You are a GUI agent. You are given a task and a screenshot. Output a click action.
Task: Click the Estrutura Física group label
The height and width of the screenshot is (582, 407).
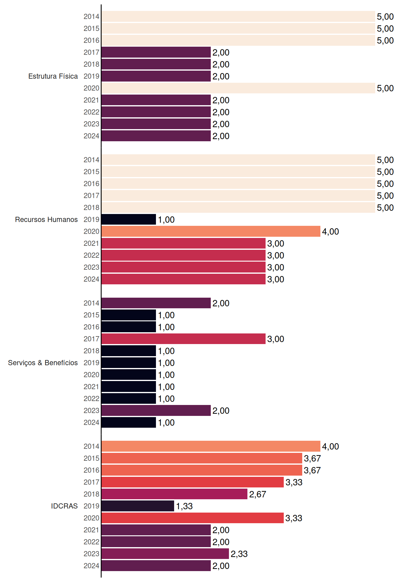pos(53,76)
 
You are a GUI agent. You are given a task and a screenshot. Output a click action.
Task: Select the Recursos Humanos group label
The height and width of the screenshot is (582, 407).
pos(46,219)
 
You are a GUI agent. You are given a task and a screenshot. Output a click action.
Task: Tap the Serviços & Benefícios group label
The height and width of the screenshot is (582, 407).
pos(43,363)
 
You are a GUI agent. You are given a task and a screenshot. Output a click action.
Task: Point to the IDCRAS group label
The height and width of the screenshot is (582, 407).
pos(64,506)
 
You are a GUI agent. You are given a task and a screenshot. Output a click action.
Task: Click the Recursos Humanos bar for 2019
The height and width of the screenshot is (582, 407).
pos(129,219)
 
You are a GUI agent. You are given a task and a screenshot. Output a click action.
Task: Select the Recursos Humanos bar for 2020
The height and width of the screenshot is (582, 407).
pos(211,231)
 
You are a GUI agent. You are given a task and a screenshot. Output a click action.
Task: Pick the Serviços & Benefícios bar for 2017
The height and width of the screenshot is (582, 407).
pos(184,339)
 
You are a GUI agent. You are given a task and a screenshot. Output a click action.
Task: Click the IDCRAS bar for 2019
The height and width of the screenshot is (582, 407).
pos(138,506)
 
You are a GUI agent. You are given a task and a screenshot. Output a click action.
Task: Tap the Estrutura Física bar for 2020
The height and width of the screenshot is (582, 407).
pos(238,88)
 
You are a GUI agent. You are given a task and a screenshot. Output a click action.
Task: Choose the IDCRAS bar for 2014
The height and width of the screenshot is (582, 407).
pos(211,446)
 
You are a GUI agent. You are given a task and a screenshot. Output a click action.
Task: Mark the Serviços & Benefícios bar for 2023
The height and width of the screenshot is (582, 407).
pos(156,410)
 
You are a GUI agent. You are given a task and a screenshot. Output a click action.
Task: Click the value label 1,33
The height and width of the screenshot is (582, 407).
pos(184,506)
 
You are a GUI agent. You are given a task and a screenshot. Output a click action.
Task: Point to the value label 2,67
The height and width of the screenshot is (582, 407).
pos(258,494)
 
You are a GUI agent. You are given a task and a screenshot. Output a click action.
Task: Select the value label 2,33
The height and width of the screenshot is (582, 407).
pos(239,554)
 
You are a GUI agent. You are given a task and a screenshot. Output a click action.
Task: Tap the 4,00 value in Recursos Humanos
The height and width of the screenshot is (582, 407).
pos(330,232)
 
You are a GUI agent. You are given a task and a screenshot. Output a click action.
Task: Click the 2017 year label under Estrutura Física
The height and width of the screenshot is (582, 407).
pos(91,52)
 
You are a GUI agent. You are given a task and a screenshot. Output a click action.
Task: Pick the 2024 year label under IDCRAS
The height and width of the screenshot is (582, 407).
pos(91,566)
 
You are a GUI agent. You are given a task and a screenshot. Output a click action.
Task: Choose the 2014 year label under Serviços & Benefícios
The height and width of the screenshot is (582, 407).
pos(91,303)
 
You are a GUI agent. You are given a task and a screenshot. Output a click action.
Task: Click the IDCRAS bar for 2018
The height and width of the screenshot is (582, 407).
pos(174,494)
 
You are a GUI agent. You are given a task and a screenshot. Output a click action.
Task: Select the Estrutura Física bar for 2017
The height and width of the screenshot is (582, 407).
pos(156,52)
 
